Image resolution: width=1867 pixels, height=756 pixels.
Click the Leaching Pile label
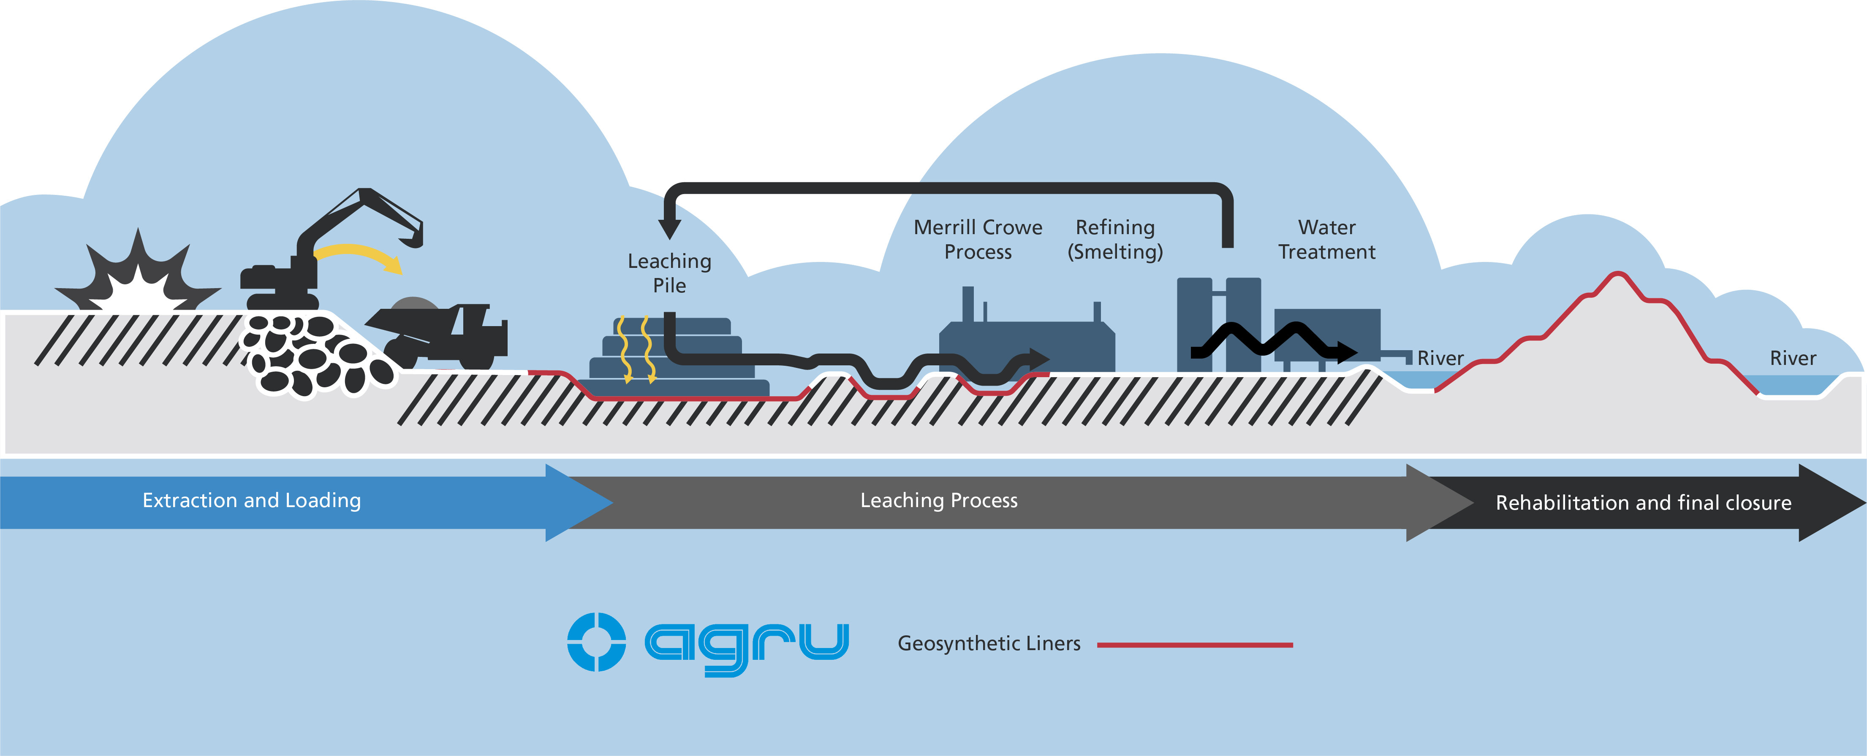669,273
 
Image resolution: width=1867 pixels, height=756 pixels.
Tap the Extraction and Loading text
252,500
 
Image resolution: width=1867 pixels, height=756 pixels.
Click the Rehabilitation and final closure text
1643,502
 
